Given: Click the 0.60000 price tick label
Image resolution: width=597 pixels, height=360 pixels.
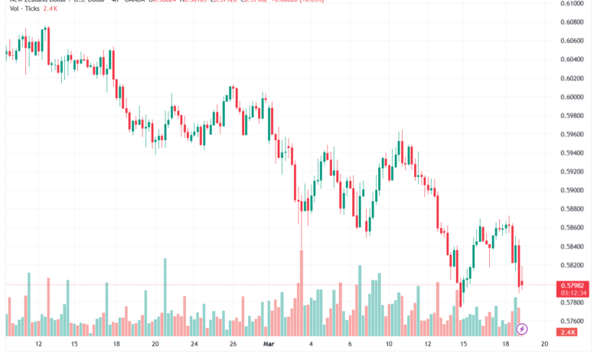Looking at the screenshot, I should point(573,97).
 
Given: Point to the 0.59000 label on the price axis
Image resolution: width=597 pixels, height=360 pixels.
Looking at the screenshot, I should point(573,190).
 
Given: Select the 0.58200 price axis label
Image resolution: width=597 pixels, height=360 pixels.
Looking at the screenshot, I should point(573,265).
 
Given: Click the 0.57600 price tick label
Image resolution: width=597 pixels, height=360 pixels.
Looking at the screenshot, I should point(573,321).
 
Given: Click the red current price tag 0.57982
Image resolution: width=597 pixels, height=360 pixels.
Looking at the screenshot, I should point(573,285).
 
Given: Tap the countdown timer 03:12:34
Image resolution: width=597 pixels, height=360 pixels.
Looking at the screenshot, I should point(573,293).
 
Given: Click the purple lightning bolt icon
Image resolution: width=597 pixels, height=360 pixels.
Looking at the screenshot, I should point(522,329).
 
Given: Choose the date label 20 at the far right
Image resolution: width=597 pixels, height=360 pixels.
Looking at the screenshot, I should point(543,345).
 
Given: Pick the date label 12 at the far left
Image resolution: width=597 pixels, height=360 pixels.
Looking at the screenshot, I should point(38,345).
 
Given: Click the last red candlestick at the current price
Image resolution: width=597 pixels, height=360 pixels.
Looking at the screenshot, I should point(521,284).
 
